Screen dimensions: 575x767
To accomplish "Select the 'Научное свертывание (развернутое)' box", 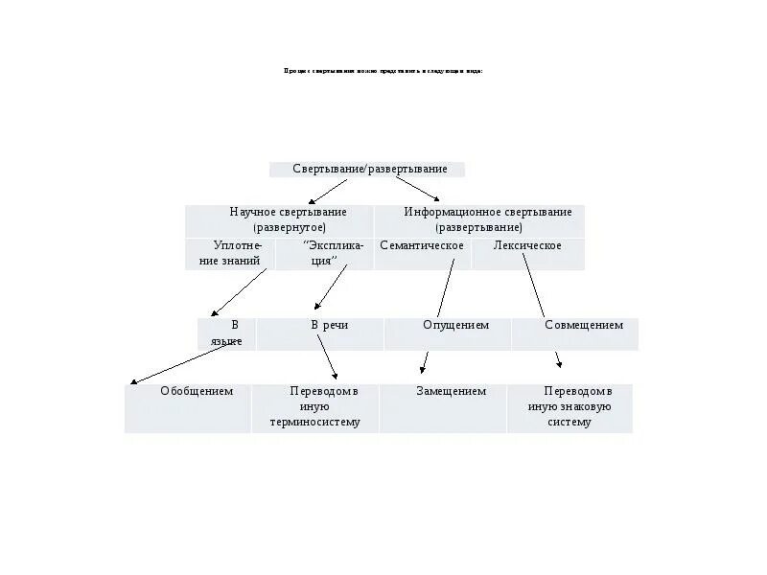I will pos(279,220).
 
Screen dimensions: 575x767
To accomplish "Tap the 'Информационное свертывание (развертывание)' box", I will pos(478,220).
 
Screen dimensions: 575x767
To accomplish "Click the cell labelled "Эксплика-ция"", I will pos(320,254).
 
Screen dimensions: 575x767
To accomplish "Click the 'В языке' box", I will pos(227,333).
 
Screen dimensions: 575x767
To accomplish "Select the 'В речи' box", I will pos(320,333).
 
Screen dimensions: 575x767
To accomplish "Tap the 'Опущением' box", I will pos(448,333).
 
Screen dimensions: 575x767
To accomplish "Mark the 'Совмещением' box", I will pos(575,333).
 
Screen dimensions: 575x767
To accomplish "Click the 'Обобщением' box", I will pos(188,408).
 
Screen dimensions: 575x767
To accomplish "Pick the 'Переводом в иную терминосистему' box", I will pos(315,408).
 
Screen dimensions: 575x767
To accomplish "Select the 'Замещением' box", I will pos(443,408).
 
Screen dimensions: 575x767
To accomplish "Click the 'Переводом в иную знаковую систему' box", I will pos(570,408).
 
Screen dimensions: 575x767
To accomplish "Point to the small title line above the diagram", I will pos(383,71).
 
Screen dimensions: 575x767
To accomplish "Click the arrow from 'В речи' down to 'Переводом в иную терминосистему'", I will pos(326,356).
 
